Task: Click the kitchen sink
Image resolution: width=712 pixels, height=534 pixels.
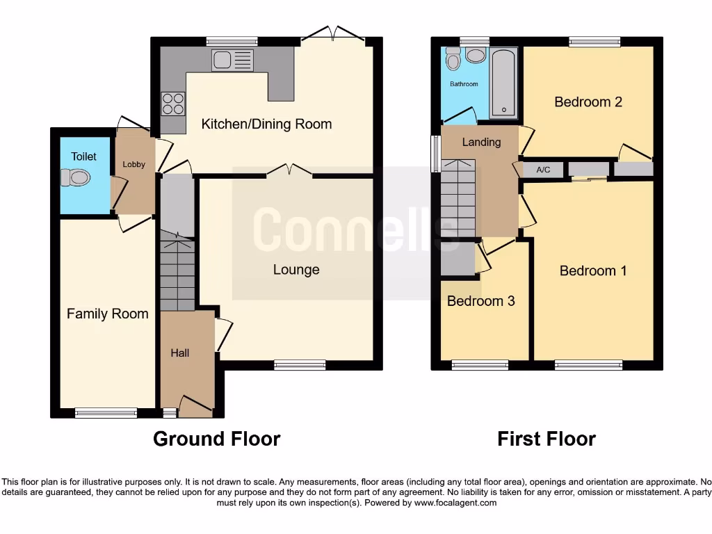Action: (x=233, y=60)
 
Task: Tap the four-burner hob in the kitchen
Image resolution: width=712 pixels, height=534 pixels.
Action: (x=172, y=104)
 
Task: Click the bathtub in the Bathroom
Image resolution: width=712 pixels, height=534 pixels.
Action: (x=503, y=83)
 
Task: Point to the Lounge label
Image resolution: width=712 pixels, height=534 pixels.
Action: (x=296, y=270)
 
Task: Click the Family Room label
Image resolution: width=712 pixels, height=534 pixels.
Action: (x=107, y=314)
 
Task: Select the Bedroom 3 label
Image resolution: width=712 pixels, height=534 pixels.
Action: (x=480, y=301)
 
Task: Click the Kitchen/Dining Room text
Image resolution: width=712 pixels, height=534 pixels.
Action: (x=266, y=124)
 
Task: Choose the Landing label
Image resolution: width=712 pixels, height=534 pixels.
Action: (x=481, y=142)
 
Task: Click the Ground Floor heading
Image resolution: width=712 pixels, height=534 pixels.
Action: (x=216, y=439)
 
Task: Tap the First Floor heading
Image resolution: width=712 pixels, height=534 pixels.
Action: (x=547, y=439)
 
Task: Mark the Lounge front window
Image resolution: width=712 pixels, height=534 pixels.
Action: (x=300, y=364)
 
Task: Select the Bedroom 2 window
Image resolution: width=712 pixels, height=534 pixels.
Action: (x=594, y=42)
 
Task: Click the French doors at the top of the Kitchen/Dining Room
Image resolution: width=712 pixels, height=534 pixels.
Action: (x=337, y=33)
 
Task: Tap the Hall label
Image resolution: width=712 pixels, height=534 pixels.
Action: (x=180, y=353)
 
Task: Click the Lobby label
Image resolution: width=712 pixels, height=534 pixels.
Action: (x=133, y=165)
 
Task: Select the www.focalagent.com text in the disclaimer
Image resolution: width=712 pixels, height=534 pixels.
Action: (x=456, y=503)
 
